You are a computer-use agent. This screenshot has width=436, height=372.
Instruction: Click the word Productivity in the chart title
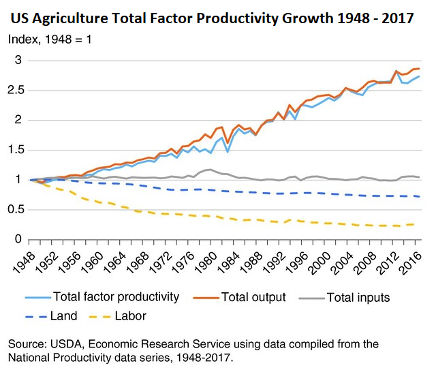tap(237, 18)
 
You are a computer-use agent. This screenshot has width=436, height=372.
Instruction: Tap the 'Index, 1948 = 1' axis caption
tap(50, 40)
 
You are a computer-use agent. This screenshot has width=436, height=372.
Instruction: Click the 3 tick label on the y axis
tap(18, 60)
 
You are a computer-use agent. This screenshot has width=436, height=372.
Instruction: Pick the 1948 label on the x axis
tap(25, 263)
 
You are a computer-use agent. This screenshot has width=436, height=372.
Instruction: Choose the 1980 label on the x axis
tap(206, 263)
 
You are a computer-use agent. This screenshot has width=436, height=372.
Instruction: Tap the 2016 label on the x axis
tap(411, 263)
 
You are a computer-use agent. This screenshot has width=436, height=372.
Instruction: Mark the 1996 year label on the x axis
tap(297, 263)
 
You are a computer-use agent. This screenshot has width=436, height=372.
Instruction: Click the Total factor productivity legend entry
tap(102, 297)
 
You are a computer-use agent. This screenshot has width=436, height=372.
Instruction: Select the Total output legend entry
tap(239, 297)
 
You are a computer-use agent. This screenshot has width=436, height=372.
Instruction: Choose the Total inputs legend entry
tap(344, 298)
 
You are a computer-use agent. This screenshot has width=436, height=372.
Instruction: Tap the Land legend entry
tap(51, 316)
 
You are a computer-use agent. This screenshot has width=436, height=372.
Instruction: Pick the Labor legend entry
tap(118, 316)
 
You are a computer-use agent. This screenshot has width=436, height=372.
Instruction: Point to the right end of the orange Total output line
tap(419, 69)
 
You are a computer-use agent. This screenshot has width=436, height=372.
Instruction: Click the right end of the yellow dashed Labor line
tap(415, 224)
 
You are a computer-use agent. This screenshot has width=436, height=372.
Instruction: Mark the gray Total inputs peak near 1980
tap(211, 170)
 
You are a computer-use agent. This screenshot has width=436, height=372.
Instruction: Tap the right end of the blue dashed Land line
tap(419, 197)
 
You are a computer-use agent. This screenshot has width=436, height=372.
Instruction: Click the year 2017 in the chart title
tap(398, 18)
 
